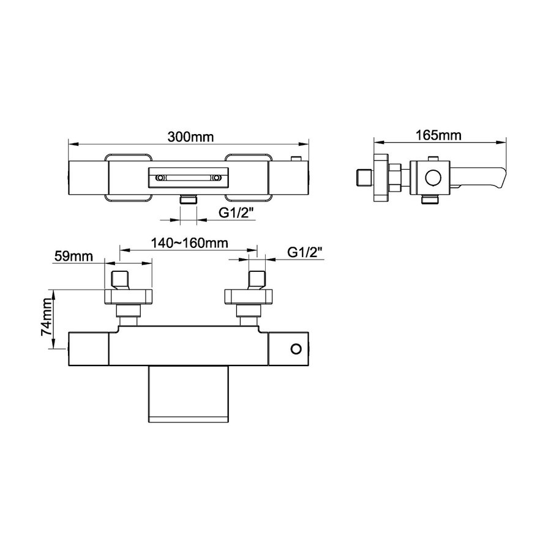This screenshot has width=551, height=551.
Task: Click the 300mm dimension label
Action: pyautogui.click(x=188, y=137)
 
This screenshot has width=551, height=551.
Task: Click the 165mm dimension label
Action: pyautogui.click(x=438, y=136)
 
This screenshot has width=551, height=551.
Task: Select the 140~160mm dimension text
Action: pyautogui.click(x=188, y=242)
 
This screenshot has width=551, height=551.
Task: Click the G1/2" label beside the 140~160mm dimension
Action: pyautogui.click(x=304, y=252)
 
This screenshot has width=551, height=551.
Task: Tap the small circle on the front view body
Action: pyautogui.click(x=296, y=349)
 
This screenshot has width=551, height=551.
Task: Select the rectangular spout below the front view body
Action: pyautogui.click(x=188, y=393)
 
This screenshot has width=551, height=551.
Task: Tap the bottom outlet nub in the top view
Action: pyautogui.click(x=188, y=200)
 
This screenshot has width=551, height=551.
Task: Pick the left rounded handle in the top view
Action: pyautogui.click(x=129, y=178)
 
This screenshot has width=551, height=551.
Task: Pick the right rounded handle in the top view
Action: pyautogui.click(x=248, y=178)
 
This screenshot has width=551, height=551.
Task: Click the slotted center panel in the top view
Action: pyautogui.click(x=188, y=178)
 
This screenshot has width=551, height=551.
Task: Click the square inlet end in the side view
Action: pyautogui.click(x=364, y=178)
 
